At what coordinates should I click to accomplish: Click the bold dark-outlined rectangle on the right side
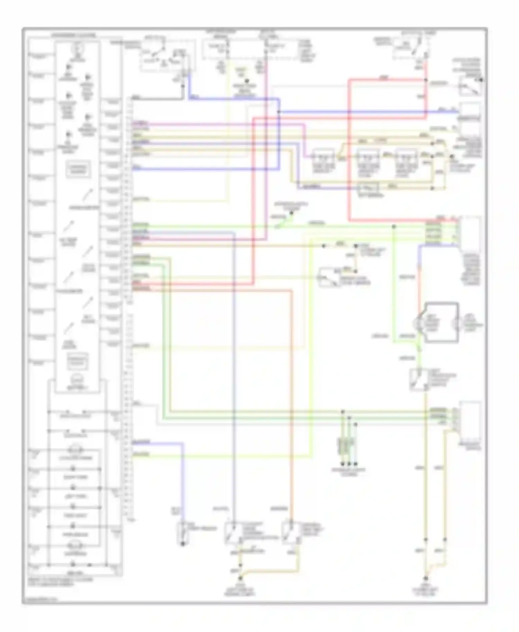click(x=441, y=322)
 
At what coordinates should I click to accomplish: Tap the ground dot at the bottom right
click(x=426, y=578)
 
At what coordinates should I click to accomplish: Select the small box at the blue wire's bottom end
click(x=183, y=532)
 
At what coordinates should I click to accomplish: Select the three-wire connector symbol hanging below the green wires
click(x=346, y=446)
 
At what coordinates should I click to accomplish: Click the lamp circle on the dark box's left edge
click(x=417, y=324)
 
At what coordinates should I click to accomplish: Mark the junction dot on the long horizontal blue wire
click(x=279, y=112)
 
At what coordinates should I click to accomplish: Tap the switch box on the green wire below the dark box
click(x=419, y=380)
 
